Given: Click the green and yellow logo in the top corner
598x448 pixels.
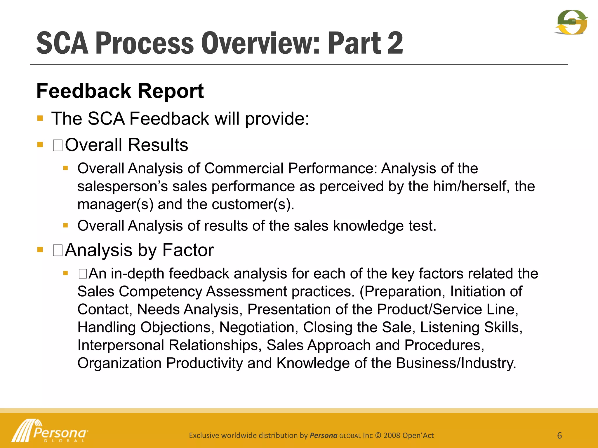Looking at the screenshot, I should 571,22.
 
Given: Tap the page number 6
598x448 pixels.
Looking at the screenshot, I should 559,435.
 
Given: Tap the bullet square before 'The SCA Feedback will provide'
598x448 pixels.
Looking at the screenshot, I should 40,118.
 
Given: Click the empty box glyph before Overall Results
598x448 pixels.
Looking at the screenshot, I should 58,145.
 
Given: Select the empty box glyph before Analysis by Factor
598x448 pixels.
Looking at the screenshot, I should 58,250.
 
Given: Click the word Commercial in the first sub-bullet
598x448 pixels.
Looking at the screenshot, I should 244,168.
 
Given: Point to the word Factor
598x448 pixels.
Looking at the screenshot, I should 188,250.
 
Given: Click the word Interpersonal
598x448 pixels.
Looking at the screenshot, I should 121,345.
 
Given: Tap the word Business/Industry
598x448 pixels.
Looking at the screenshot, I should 456,363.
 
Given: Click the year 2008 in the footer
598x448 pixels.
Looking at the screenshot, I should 392,435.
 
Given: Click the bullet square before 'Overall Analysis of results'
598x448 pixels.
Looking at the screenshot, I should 66,225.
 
